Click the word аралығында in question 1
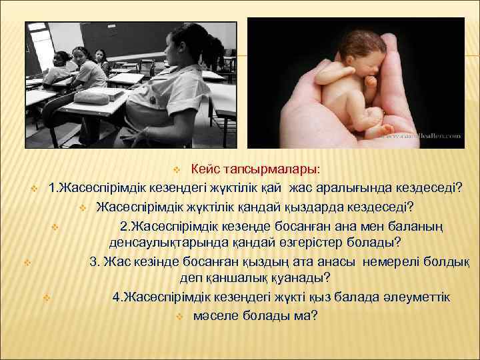pyautogui.click(x=347, y=185)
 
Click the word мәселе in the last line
pyautogui.click(x=217, y=315)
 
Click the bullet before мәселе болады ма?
pyautogui.click(x=179, y=315)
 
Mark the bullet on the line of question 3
pyautogui.click(x=27, y=260)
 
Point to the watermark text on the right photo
pyautogui.click(x=421, y=135)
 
